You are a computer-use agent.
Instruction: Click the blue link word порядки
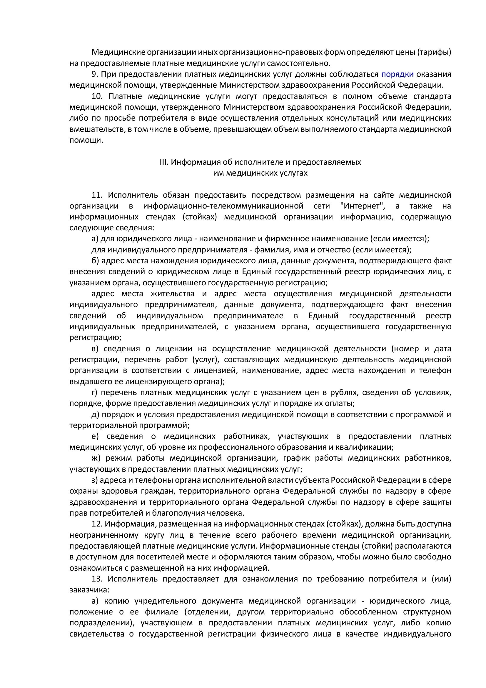[x=398, y=74]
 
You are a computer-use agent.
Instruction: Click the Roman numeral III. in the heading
[x=164, y=162]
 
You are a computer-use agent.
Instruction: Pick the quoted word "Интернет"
[x=364, y=206]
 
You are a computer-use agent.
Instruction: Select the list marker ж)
[x=96, y=458]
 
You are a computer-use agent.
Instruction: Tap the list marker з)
[x=94, y=480]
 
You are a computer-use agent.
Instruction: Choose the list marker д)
[x=95, y=414]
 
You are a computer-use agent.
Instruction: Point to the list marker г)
[x=94, y=392]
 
